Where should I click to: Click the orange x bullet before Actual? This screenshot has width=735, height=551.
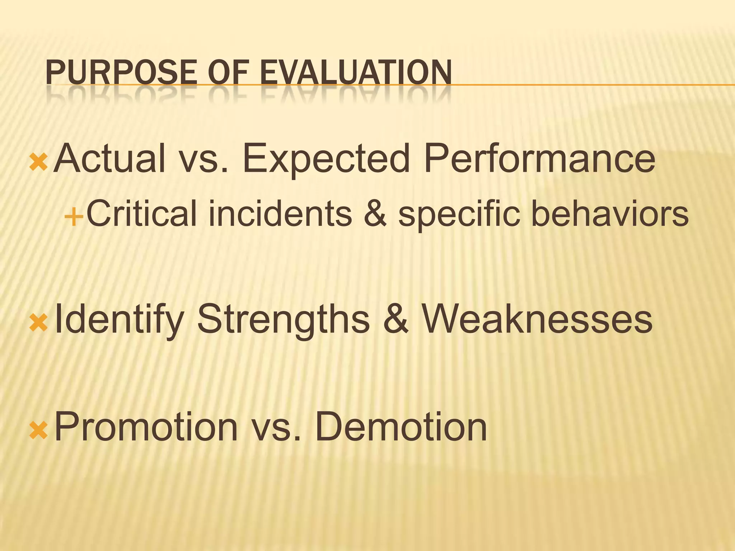point(38,162)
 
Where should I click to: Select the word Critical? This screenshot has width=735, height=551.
point(142,214)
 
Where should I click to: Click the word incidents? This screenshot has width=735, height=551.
point(280,214)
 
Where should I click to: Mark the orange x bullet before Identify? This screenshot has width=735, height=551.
point(38,322)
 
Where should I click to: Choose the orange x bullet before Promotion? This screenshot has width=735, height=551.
point(38,430)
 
